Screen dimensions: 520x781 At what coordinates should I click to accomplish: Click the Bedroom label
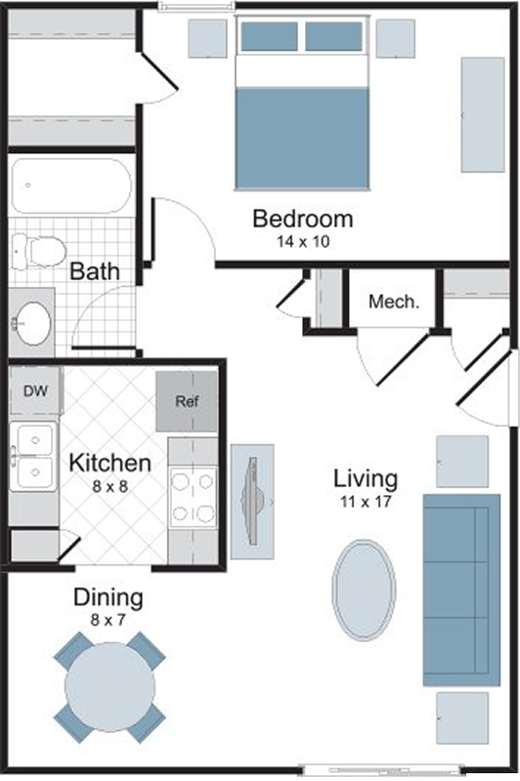click(303, 219)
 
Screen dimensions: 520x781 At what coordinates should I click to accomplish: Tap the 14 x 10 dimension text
click(303, 242)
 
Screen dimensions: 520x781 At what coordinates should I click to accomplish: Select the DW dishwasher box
click(36, 390)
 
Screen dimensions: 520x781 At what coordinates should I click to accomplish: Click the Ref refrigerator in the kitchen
click(187, 401)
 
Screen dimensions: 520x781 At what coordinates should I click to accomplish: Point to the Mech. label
click(394, 302)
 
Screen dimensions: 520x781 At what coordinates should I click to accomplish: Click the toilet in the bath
click(38, 252)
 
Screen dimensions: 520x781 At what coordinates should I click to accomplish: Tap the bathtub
click(71, 185)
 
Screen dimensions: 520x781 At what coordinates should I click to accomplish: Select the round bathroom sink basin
click(34, 323)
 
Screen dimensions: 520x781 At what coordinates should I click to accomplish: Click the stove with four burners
click(193, 498)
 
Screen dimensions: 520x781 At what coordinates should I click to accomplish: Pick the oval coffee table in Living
click(364, 591)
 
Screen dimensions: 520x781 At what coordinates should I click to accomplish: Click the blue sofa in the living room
click(461, 591)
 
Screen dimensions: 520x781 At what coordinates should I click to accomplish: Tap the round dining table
click(109, 687)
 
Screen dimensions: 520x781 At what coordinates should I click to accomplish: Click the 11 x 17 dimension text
click(366, 502)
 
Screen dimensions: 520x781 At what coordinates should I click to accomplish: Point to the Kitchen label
click(110, 463)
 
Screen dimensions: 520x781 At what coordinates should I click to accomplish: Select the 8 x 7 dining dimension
click(108, 620)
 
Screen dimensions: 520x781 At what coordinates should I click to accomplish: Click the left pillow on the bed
click(269, 36)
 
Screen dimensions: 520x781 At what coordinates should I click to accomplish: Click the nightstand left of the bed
click(207, 38)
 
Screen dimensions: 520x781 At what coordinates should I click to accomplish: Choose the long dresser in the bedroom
click(483, 115)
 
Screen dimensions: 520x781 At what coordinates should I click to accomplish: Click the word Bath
click(95, 271)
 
